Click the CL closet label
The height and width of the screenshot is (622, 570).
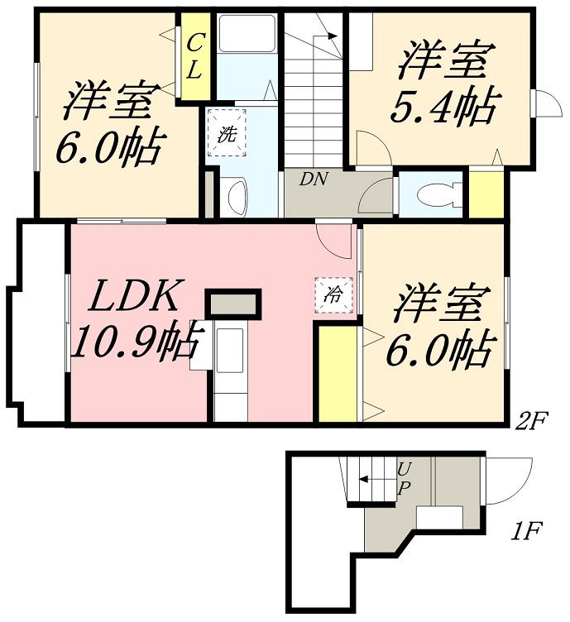pyautogui.click(x=195, y=55)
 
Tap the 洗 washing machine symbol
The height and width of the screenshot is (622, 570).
pyautogui.click(x=226, y=133)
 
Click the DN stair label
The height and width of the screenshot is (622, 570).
pyautogui.click(x=312, y=179)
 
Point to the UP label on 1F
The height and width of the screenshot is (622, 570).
pyautogui.click(x=404, y=477)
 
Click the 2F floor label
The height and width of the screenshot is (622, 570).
pyautogui.click(x=531, y=421)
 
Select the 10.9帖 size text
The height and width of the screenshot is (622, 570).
pyautogui.click(x=137, y=339)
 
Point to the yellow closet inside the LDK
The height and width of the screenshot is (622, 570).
pyautogui.click(x=336, y=374)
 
